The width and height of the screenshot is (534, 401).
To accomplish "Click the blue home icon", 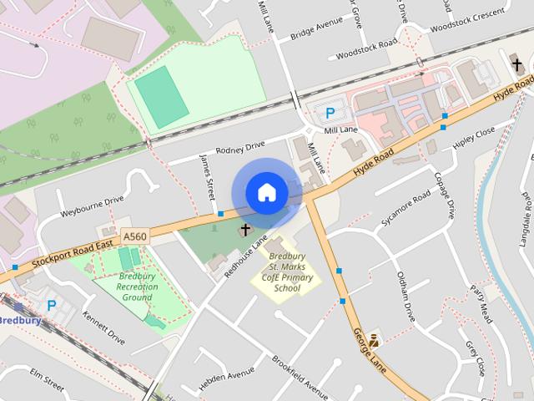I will (x=266, y=193).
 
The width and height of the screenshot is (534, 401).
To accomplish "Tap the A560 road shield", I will (x=134, y=237).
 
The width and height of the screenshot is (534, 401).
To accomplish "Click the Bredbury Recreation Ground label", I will (x=138, y=287).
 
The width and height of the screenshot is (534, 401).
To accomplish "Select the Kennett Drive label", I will (x=103, y=327).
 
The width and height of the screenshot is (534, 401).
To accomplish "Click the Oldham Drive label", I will (x=406, y=296).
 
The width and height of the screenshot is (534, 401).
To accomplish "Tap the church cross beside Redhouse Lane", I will (x=246, y=228).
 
